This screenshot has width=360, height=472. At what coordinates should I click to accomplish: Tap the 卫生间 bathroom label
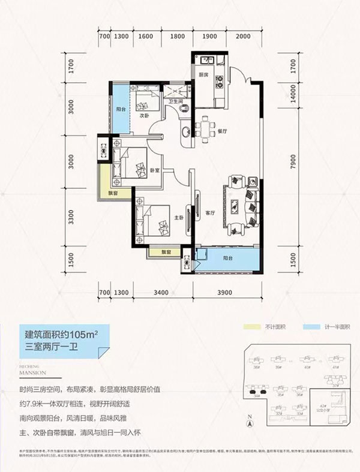(176, 101)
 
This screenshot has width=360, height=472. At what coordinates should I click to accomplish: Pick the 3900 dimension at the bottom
(224, 293)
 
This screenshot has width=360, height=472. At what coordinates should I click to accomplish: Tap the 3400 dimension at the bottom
(160, 293)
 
